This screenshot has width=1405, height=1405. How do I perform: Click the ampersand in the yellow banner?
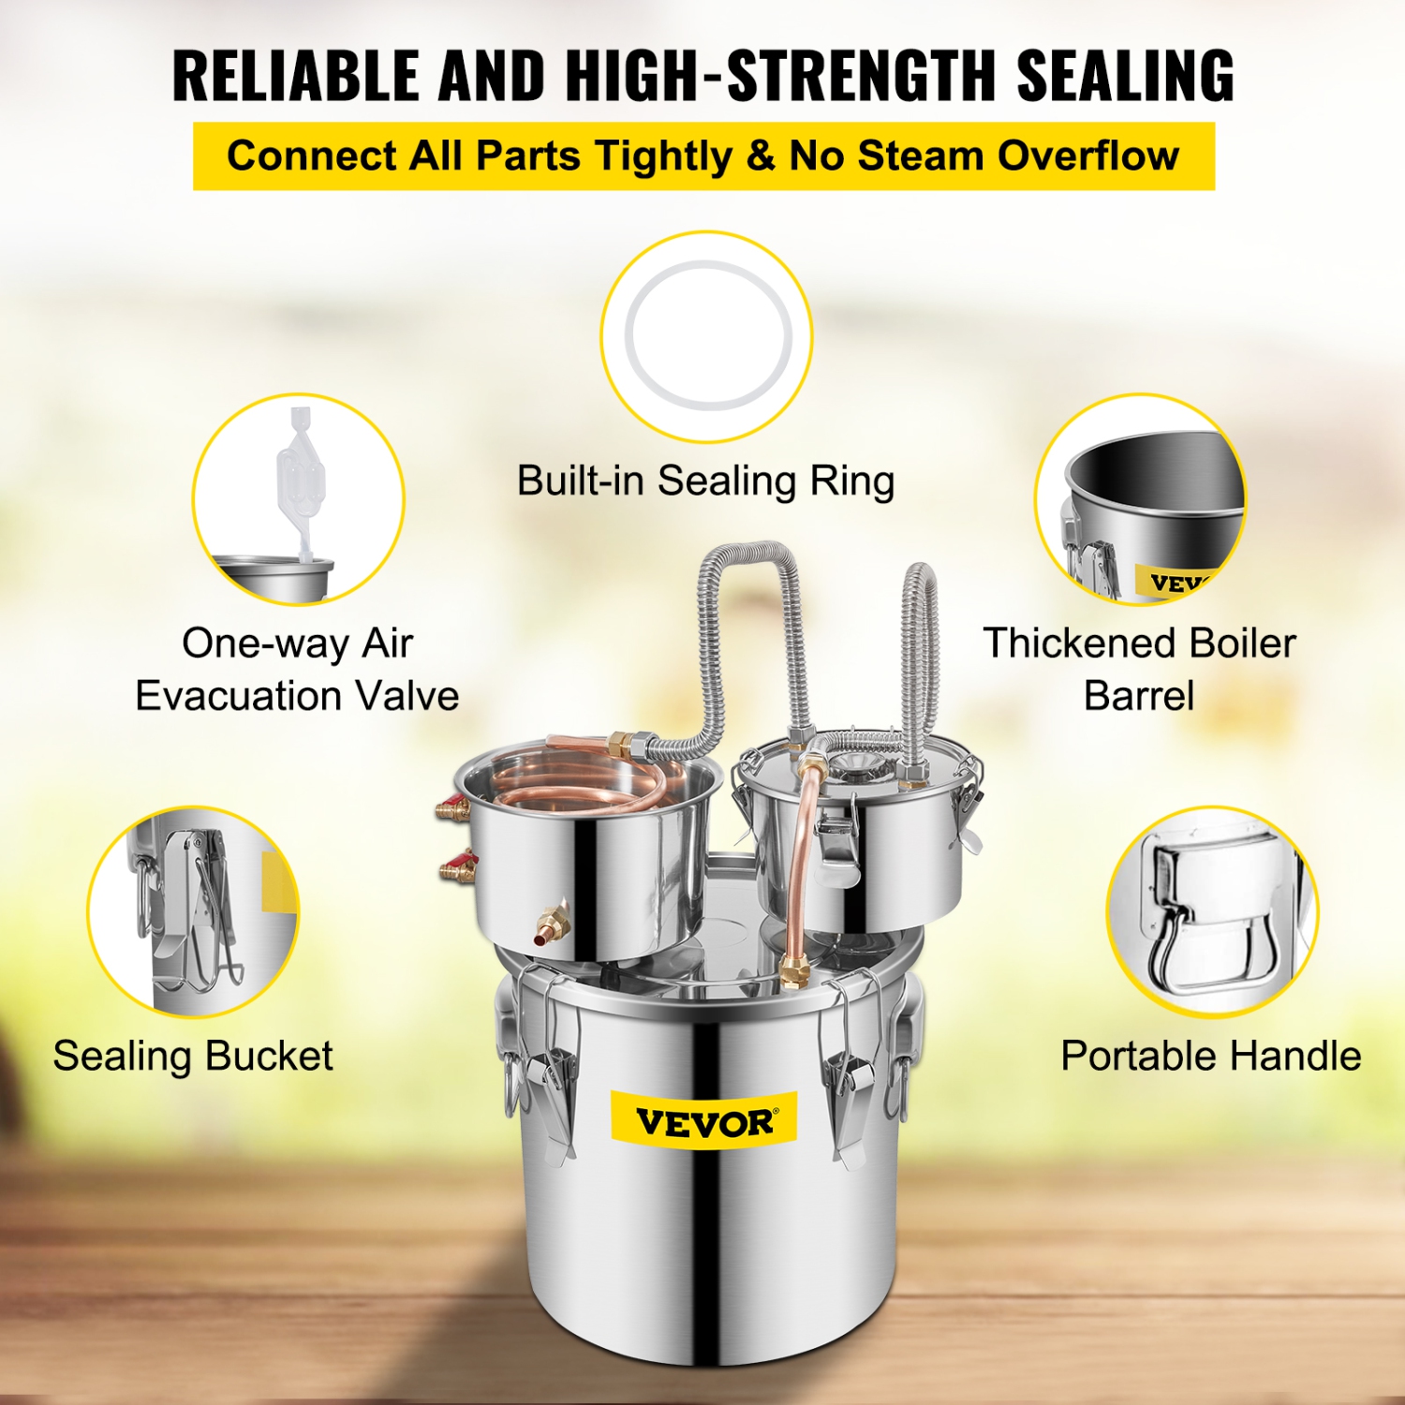pos(761,155)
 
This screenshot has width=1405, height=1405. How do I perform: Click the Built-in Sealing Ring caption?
pos(705,481)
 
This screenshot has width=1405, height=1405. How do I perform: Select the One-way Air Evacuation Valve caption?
pos(297,669)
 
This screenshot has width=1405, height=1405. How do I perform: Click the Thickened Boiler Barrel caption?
pos(1139,669)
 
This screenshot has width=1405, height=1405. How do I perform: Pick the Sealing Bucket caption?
pos(193,1056)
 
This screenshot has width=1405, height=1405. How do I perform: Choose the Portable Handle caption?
pos(1210,1056)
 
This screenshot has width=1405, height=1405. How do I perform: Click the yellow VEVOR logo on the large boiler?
pos(703,1120)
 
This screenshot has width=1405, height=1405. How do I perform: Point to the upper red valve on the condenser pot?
pos(452,807)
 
